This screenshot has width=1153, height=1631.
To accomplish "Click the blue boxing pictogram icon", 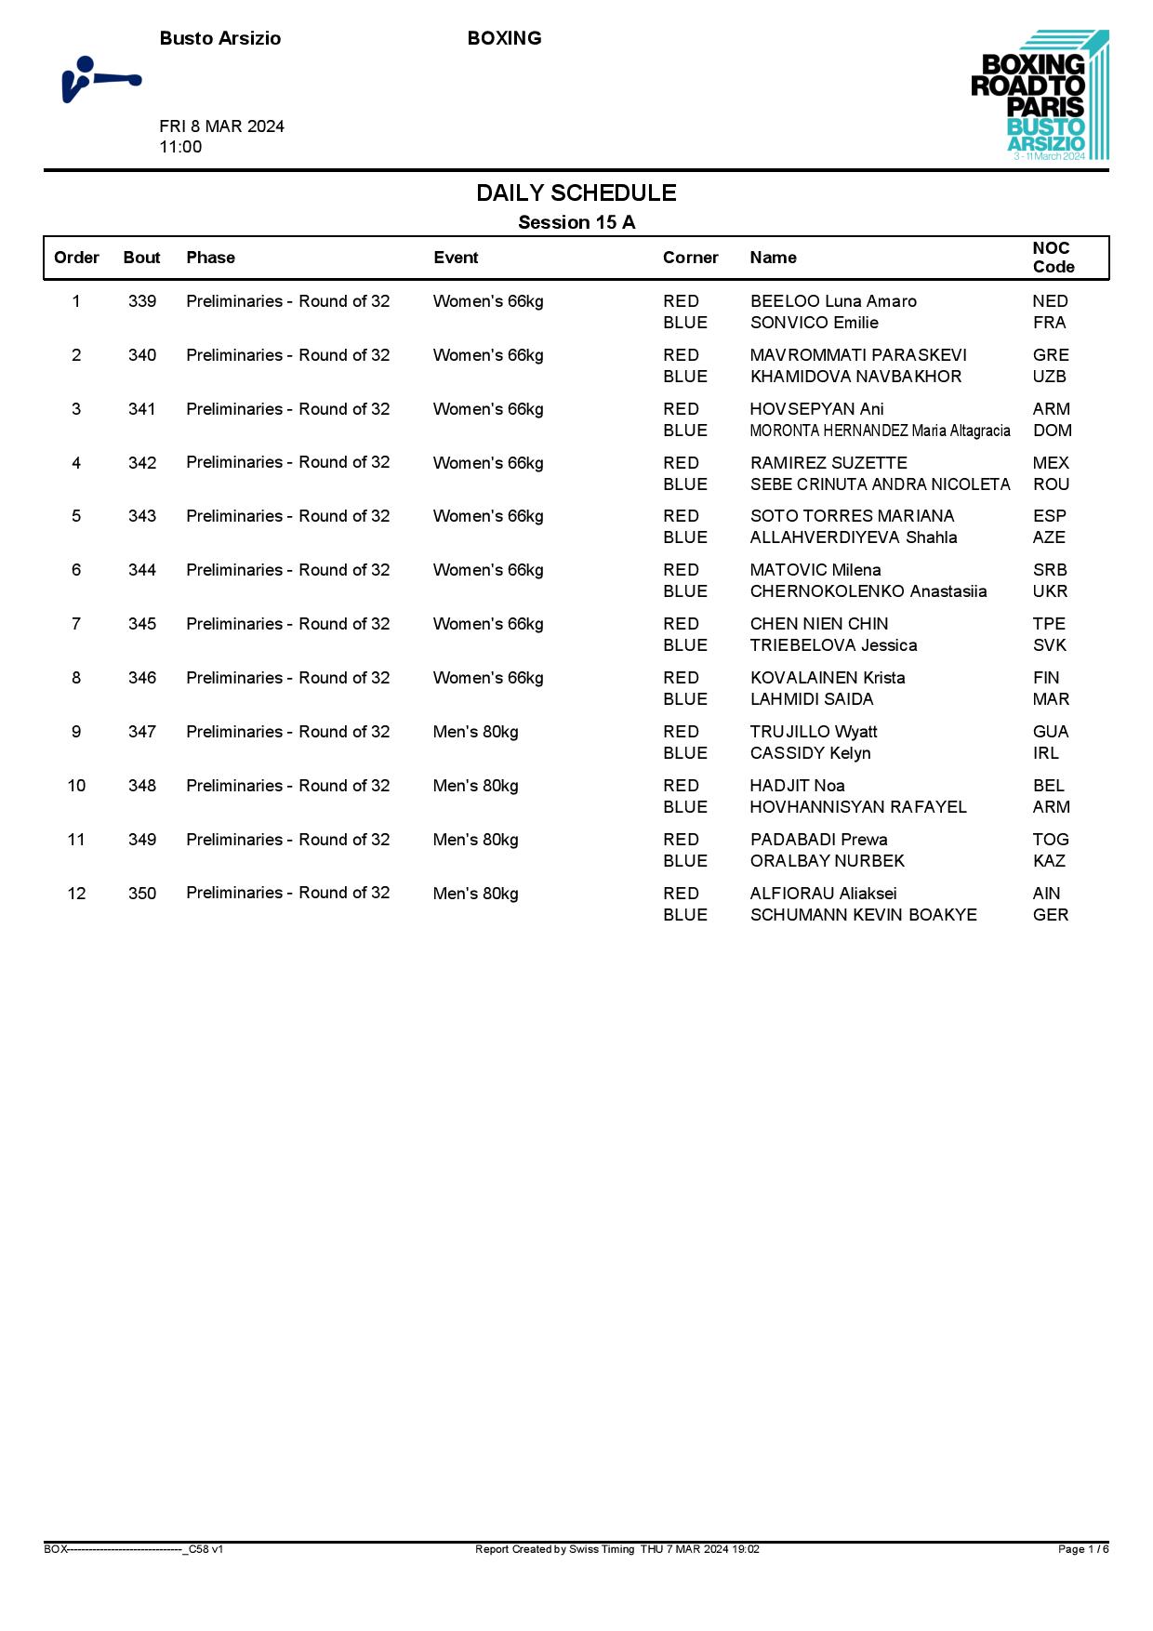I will tap(100, 80).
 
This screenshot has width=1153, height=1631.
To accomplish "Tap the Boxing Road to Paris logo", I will tap(1040, 96).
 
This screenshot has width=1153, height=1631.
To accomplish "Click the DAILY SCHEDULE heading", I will tap(576, 193).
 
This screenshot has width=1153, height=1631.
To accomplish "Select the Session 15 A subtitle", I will tap(576, 222).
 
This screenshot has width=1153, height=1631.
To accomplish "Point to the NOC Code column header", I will tap(1053, 258).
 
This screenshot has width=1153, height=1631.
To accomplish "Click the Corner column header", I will tap(690, 258).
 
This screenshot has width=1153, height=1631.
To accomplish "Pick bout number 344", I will tap(142, 570).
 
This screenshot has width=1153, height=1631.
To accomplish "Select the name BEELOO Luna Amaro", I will tap(833, 301).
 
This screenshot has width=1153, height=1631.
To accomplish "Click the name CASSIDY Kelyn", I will tap(810, 753).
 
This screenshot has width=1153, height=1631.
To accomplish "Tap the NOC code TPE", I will tap(1049, 624).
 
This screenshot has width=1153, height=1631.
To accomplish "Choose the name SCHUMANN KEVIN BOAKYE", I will tap(863, 915).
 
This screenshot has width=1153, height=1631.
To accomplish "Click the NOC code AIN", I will tap(1046, 894).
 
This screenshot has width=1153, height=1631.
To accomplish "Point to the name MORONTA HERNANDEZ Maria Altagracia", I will tap(880, 431).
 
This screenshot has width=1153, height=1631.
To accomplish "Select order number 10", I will tap(76, 786).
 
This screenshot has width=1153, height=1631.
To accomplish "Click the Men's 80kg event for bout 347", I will tap(475, 732).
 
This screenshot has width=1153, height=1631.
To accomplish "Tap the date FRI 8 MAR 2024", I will tap(221, 126).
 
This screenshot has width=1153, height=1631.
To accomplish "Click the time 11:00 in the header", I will tap(180, 147).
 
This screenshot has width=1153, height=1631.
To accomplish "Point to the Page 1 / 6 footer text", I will tap(1082, 1549).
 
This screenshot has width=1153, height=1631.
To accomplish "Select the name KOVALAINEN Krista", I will tap(827, 678).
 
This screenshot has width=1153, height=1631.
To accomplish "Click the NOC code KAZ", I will tap(1049, 861).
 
